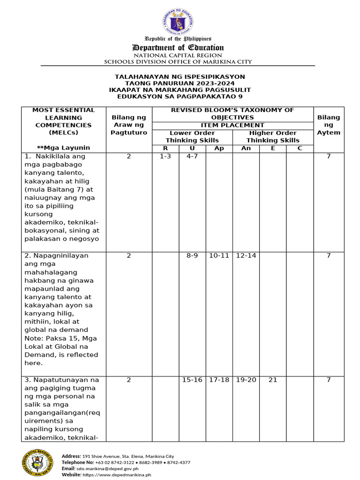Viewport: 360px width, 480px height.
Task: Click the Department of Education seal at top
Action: click(x=178, y=21)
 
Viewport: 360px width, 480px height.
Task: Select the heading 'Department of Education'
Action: click(x=178, y=47)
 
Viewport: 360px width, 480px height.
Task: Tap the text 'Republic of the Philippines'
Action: click(x=178, y=38)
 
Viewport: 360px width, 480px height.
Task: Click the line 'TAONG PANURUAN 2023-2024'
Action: click(x=180, y=83)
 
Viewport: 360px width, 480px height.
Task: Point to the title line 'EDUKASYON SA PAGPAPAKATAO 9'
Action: click(x=180, y=96)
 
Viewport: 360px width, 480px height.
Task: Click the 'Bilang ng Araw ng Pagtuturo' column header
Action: click(x=129, y=125)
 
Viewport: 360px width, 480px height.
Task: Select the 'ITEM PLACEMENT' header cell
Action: click(x=232, y=125)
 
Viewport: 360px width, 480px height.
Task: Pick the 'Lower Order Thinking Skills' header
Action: click(x=192, y=136)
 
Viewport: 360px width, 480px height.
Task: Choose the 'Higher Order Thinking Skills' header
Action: click(x=273, y=136)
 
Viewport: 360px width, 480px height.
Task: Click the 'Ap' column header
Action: click(x=219, y=148)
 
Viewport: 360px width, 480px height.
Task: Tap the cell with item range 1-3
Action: click(x=165, y=157)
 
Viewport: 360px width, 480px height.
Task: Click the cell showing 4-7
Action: click(x=192, y=157)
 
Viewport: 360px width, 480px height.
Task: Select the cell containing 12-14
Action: click(x=246, y=256)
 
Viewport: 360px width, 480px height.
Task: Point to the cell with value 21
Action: click(x=273, y=380)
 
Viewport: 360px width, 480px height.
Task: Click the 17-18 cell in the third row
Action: click(x=219, y=380)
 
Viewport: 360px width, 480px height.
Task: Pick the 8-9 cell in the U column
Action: click(x=192, y=256)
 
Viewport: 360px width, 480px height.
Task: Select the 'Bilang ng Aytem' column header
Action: click(x=329, y=125)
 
